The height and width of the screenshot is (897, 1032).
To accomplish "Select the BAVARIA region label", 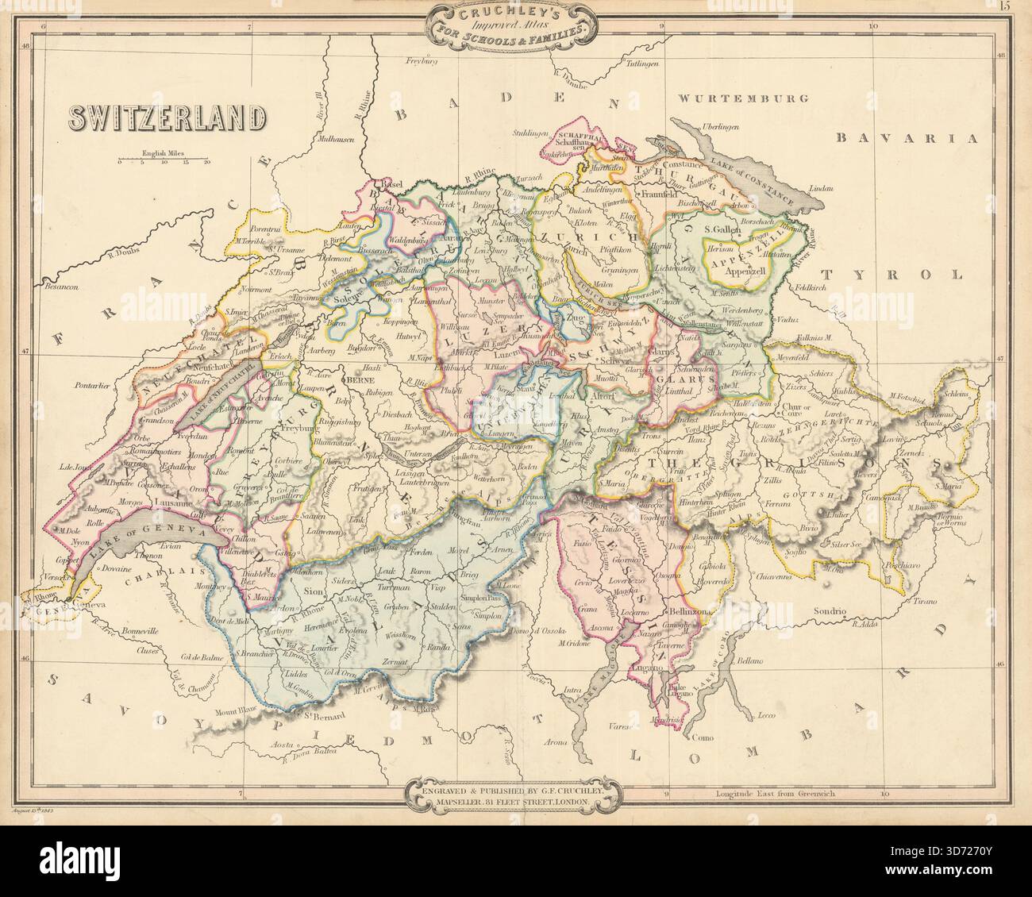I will click(905, 138).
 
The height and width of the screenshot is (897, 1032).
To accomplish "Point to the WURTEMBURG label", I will click(743, 99).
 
